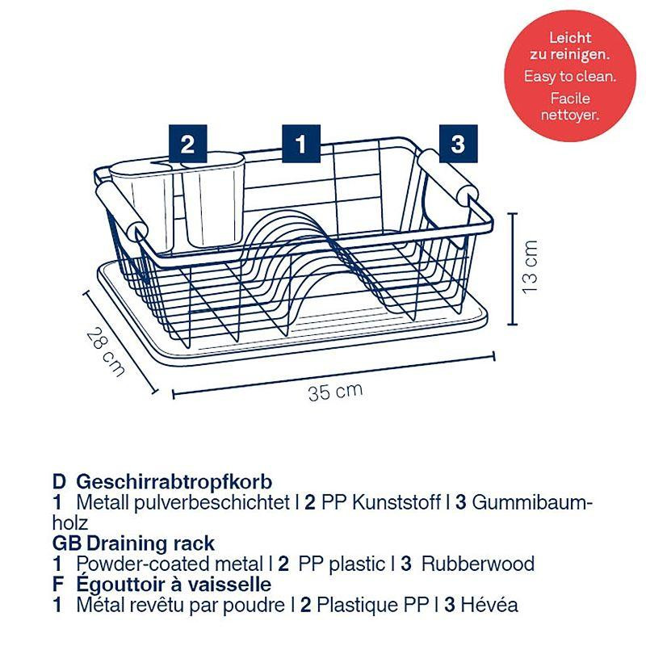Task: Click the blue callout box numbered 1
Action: point(301,144)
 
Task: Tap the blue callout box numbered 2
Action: point(187,144)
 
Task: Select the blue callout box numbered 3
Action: point(458,144)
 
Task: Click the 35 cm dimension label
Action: point(335,392)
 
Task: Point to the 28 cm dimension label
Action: point(106,351)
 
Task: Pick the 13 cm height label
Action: point(530,266)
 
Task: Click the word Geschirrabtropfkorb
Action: point(174,481)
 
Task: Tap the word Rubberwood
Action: point(478,564)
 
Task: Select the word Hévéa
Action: point(489,605)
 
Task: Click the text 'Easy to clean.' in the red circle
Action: point(570,77)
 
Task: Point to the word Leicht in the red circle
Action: point(570,38)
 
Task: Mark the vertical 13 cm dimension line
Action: point(513,269)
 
